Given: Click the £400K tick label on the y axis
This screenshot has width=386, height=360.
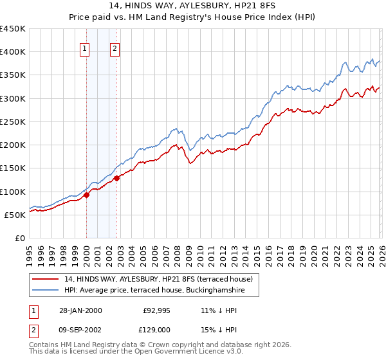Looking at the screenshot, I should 13,52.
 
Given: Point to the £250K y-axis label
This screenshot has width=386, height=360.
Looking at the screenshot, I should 13,122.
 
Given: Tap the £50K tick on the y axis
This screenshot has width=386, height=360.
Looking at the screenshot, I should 15,215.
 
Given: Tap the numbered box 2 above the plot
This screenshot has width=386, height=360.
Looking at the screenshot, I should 115,47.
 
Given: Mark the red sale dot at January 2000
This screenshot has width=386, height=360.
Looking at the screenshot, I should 86,195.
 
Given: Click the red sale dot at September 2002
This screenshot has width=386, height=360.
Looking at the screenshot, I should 116,178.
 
